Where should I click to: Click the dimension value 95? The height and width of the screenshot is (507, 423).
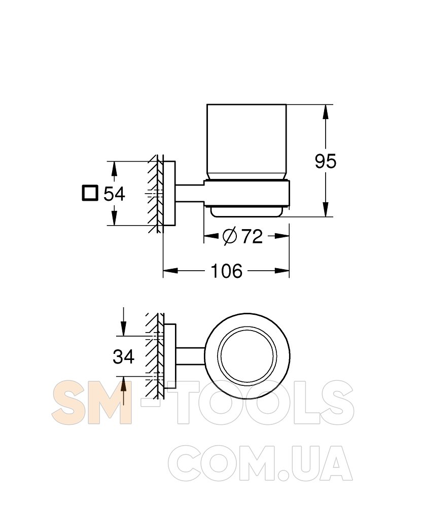click(326, 161)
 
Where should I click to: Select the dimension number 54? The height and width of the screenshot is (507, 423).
click(114, 194)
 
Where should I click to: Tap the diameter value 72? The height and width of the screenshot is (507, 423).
click(252, 236)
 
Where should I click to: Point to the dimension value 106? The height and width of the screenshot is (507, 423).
click(226, 271)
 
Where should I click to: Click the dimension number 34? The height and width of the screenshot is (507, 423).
click(124, 357)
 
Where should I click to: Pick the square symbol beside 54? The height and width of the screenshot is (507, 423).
click(90, 193)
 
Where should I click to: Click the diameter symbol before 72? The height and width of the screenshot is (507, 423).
click(230, 236)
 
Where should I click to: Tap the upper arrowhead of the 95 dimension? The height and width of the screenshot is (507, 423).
click(326, 112)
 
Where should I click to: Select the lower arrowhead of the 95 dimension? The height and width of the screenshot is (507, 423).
click(326, 209)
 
